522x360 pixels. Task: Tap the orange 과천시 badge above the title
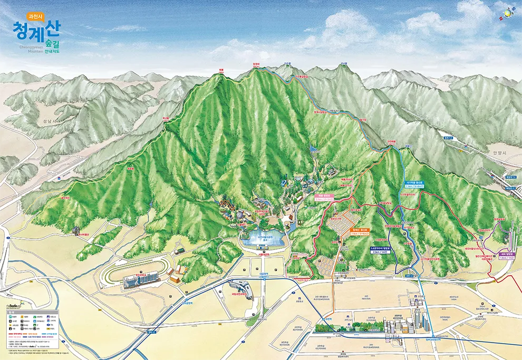(x=35, y=16)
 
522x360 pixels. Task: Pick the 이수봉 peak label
(x=287, y=64)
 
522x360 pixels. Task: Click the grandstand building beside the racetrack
(x=141, y=279)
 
